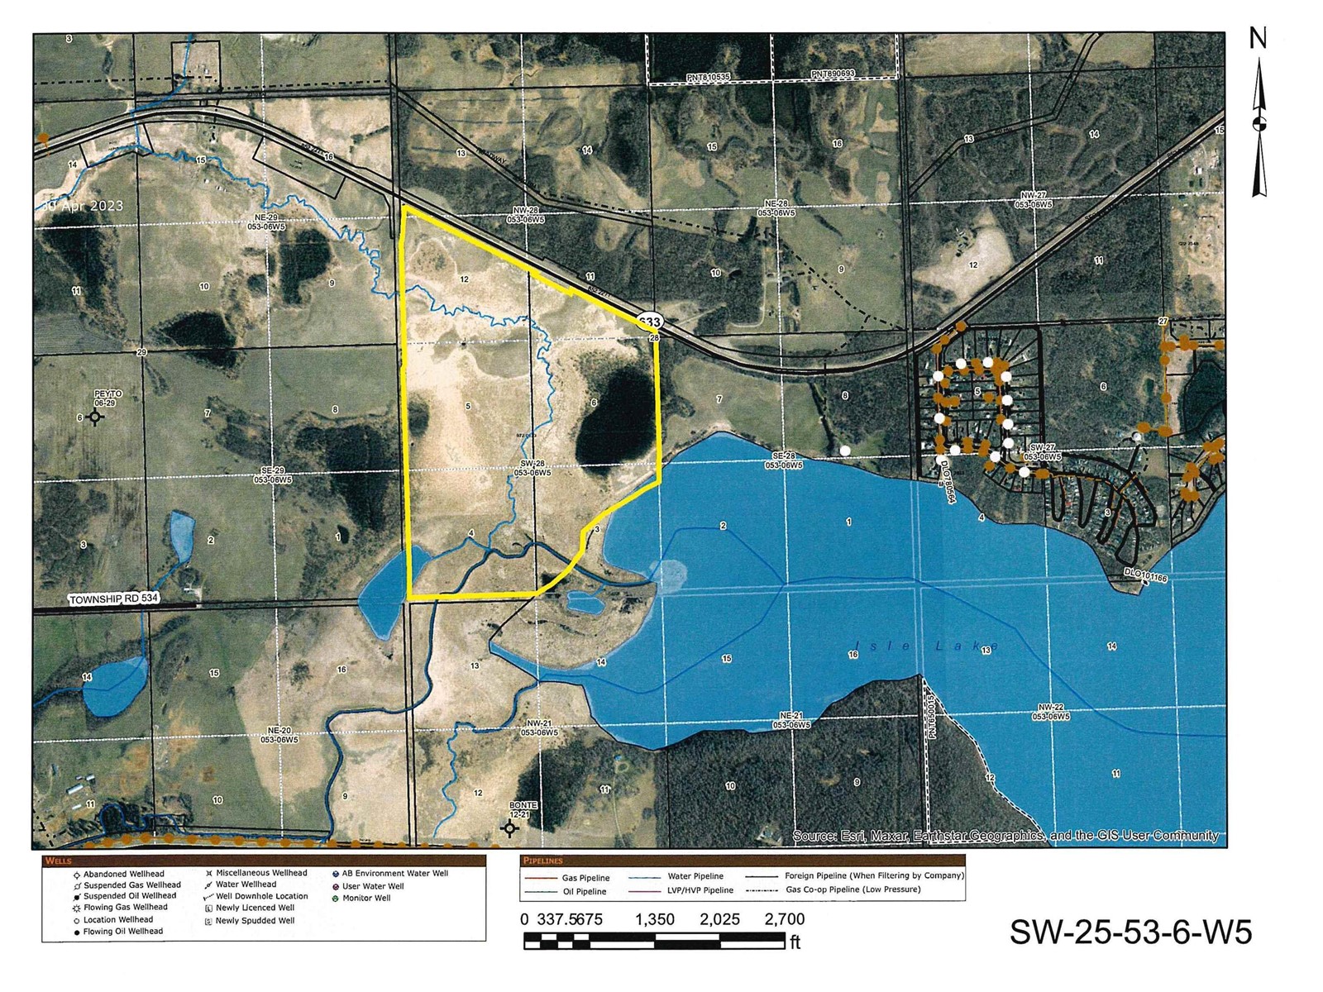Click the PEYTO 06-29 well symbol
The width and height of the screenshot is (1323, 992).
(95, 417)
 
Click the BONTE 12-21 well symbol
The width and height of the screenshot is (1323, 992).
(510, 827)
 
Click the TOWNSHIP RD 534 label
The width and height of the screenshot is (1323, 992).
(112, 597)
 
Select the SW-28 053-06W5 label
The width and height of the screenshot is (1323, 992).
(531, 469)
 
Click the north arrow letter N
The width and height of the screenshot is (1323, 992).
(1258, 39)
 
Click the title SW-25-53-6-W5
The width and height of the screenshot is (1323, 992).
(1130, 932)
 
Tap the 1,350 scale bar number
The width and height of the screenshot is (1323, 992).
(655, 919)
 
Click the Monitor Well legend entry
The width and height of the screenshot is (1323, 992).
(366, 898)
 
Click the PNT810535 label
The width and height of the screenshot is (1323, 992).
(708, 77)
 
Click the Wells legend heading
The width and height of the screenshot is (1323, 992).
(60, 861)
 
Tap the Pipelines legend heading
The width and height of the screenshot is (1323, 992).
(542, 861)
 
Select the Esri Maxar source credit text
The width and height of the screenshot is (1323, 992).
(1005, 836)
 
